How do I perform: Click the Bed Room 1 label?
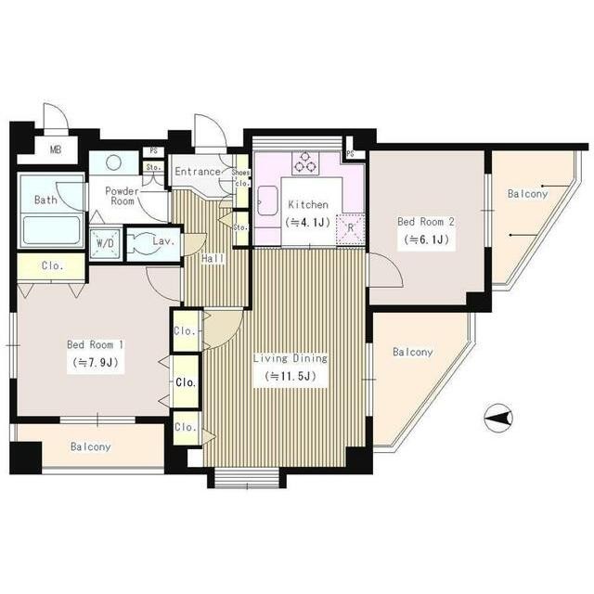[x=95, y=344]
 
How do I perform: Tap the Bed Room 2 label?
[x=425, y=222]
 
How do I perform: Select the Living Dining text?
[x=291, y=358]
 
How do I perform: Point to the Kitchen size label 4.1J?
[x=308, y=222]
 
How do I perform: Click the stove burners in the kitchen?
[x=305, y=162]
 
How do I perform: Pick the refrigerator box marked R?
[x=351, y=228]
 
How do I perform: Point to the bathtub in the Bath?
[x=52, y=229]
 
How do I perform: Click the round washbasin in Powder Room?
[x=113, y=163]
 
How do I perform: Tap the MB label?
[x=56, y=149]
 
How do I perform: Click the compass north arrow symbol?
[x=498, y=419]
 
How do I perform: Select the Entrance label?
[x=198, y=172]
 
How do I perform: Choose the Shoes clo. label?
[x=241, y=177]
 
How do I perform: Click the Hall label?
[x=213, y=259]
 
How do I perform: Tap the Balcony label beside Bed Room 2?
[x=528, y=194]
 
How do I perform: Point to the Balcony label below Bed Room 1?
[x=91, y=447]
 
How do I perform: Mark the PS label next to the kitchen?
[x=350, y=153]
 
